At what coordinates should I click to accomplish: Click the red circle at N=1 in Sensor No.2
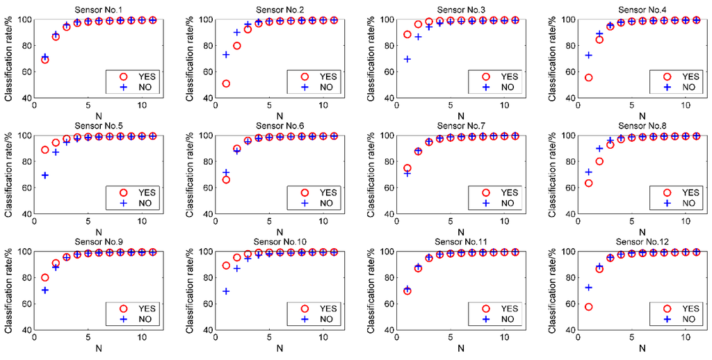(x=226, y=83)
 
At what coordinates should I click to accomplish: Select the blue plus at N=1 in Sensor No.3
(x=407, y=59)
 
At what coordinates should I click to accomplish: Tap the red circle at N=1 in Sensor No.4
(x=588, y=77)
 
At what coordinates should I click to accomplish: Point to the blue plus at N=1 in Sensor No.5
(x=45, y=175)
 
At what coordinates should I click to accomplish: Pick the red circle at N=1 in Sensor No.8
(x=588, y=183)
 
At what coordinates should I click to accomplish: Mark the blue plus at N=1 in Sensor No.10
(x=226, y=291)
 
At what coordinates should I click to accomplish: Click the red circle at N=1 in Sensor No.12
(x=588, y=306)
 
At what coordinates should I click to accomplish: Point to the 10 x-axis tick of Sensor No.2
(x=323, y=106)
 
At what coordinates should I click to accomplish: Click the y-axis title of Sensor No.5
(x=8, y=174)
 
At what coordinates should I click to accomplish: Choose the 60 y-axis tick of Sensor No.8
(x=569, y=188)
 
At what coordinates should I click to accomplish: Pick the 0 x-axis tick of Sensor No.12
(x=578, y=338)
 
